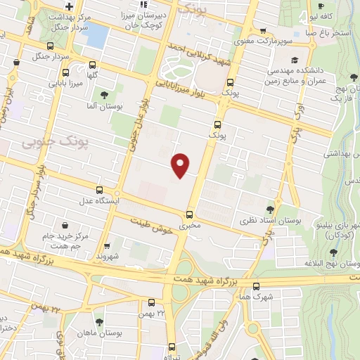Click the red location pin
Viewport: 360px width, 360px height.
pos(181,164)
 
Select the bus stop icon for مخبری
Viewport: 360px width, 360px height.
pos(188,214)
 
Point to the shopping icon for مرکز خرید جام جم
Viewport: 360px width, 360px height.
pos(65,226)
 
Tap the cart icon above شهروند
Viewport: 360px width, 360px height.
pos(107,246)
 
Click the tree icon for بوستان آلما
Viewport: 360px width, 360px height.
pos(104,94)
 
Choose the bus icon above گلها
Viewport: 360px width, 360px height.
pos(65,72)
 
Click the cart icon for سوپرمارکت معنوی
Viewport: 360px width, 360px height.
pos(263,30)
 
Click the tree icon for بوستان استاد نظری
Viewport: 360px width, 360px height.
pos(271,209)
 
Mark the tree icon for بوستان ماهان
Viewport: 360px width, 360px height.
pos(98,321)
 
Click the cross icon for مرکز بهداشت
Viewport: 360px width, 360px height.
pos(67,6)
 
